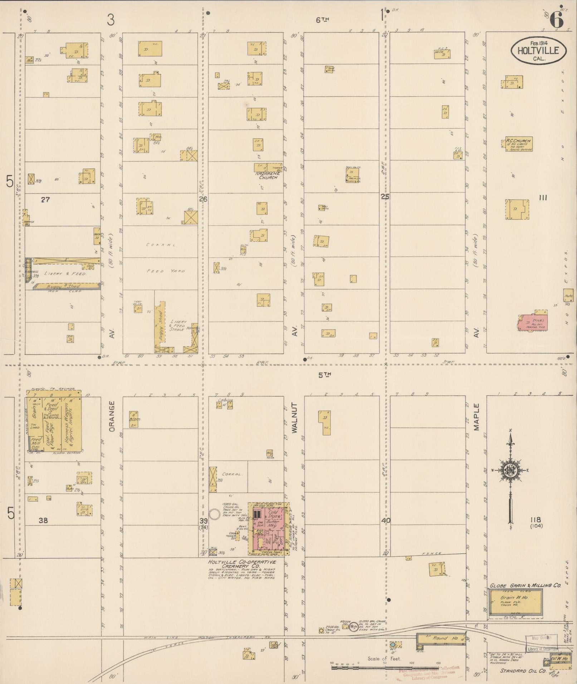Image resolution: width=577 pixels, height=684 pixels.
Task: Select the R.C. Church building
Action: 518,144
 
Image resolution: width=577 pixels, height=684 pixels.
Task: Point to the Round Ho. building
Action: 440,638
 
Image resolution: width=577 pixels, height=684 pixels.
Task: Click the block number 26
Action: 203,199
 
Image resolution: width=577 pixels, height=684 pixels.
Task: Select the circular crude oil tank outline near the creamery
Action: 214,515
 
